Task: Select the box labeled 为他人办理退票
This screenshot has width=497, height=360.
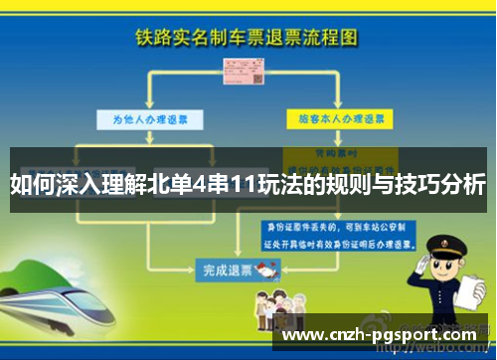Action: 150,118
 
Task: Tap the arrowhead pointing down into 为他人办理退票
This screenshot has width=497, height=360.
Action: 150,105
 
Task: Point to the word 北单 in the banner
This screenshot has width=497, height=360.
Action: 179,185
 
